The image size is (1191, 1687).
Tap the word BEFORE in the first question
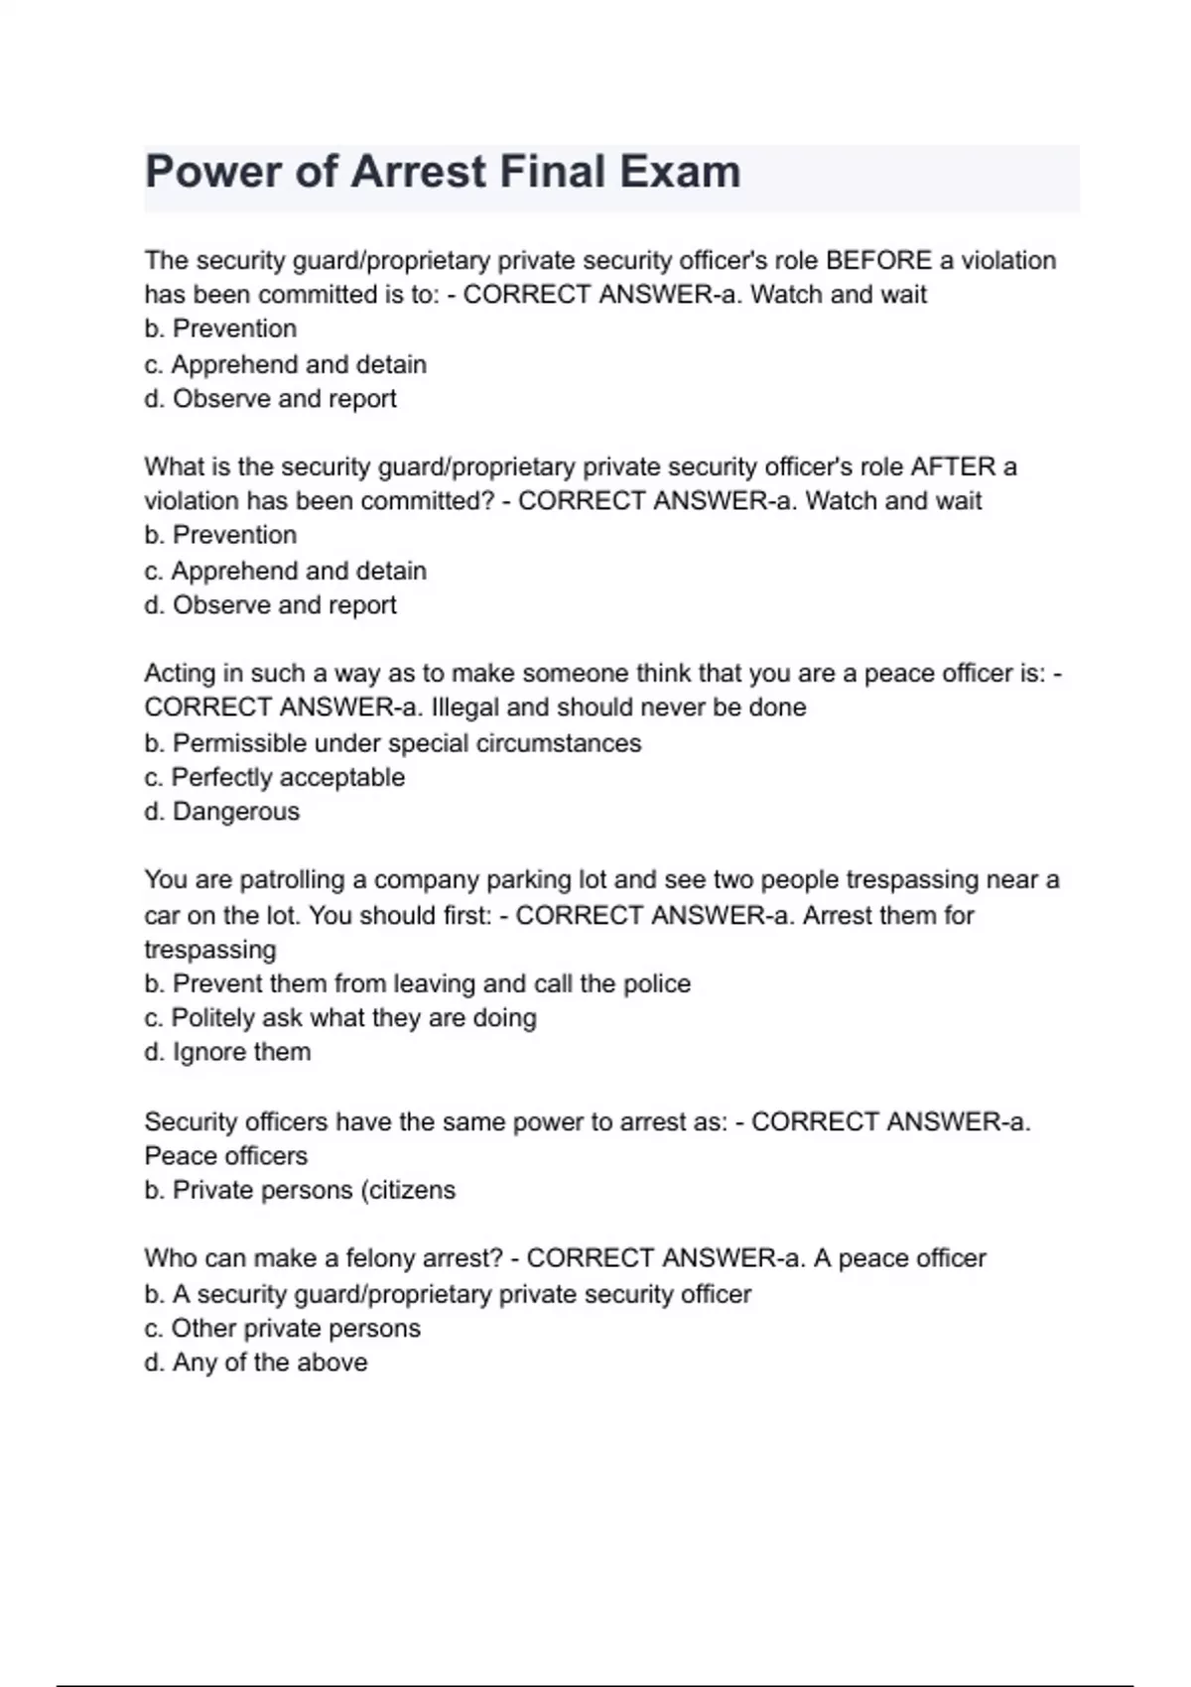coord(878,261)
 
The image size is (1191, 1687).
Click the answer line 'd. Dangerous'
coord(221,812)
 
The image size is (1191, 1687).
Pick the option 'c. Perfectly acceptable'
coord(274,777)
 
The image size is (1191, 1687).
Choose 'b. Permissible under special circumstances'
coord(392,743)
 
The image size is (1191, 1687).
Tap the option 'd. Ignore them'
coord(227,1052)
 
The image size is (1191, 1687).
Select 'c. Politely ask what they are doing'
coord(339,1018)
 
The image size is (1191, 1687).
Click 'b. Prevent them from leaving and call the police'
coord(417,983)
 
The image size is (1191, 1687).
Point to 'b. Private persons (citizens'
coord(300,1190)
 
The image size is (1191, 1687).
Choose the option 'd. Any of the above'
coord(255,1363)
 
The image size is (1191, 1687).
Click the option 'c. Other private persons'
coord(282,1329)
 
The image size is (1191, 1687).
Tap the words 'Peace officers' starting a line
coord(226,1156)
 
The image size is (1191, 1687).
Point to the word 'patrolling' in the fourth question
coord(289,880)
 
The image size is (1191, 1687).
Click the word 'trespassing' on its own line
coord(210,950)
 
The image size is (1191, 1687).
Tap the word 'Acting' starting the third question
coord(179,674)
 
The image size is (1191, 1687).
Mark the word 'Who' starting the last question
coord(166,1258)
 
